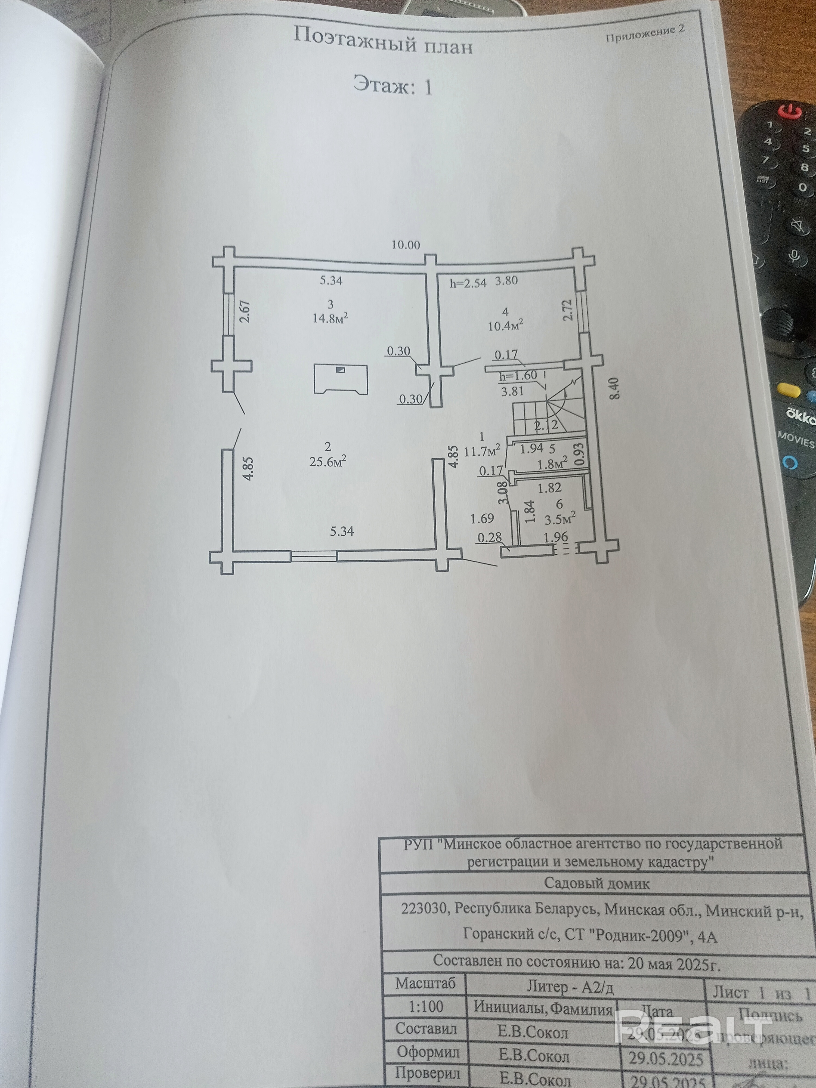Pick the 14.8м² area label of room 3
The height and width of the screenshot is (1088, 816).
coord(330,318)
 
